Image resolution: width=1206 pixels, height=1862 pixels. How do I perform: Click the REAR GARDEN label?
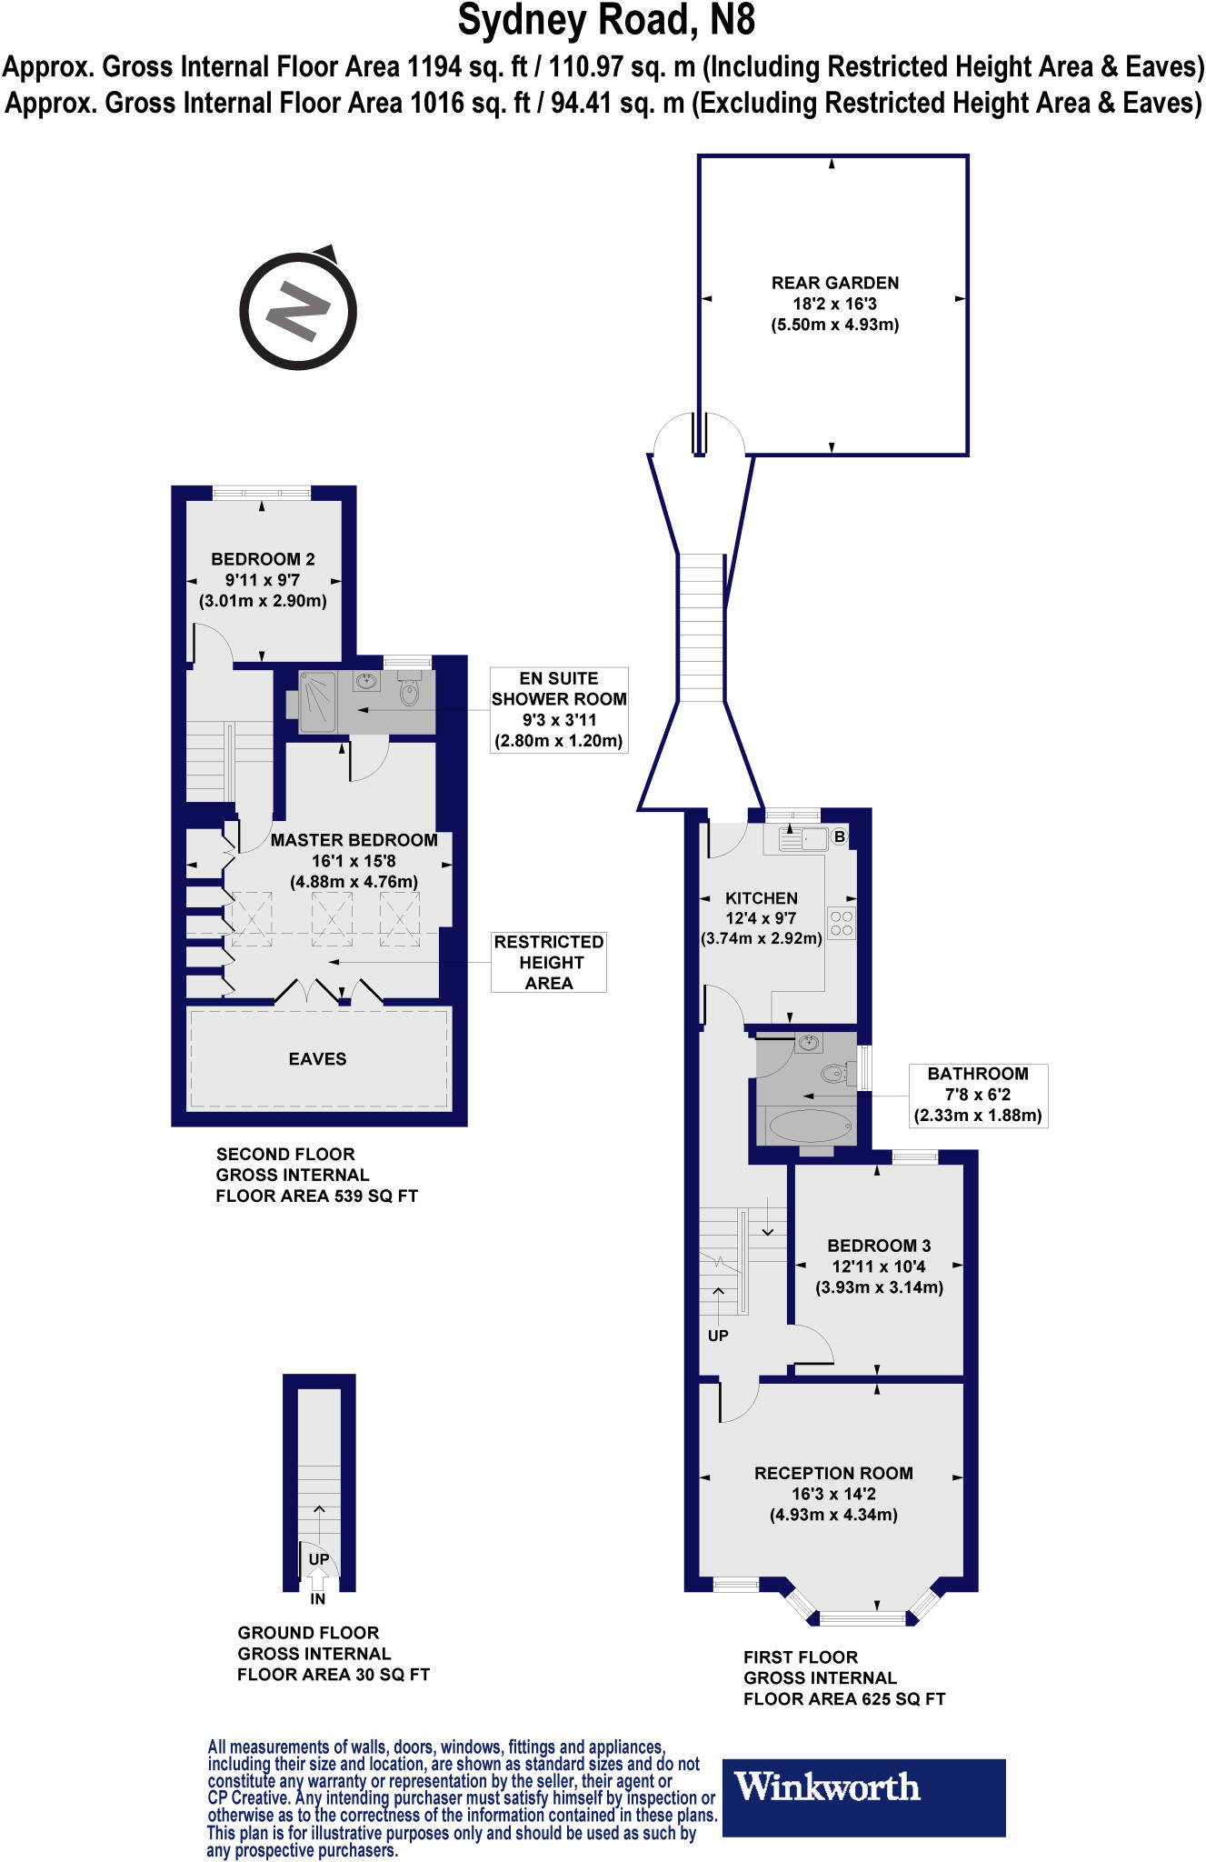pos(835,283)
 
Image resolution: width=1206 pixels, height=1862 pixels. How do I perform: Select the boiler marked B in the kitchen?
pos(840,836)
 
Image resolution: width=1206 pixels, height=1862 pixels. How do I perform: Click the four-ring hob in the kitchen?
pos(842,923)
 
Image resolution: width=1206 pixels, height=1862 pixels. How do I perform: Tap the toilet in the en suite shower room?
pos(409,691)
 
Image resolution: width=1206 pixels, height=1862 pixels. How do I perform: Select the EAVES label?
pos(317,1059)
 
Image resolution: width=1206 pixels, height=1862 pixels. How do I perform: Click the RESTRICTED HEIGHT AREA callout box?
pos(549,962)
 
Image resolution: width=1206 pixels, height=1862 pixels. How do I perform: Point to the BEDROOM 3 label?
pos(879,1246)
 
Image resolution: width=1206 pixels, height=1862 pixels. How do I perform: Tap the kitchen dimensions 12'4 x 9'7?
pos(762,918)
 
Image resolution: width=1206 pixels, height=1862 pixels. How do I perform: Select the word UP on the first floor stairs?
pos(718,1336)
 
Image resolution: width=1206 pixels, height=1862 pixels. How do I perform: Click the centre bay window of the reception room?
pos(863,1617)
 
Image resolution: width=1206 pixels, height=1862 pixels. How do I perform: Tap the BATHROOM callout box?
pos(978,1096)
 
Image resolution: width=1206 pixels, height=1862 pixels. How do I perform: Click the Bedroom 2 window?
pos(262,493)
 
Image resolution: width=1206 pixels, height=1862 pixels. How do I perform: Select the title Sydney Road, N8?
pos(606,21)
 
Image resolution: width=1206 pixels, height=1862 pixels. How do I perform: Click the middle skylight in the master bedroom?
pos(332,918)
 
